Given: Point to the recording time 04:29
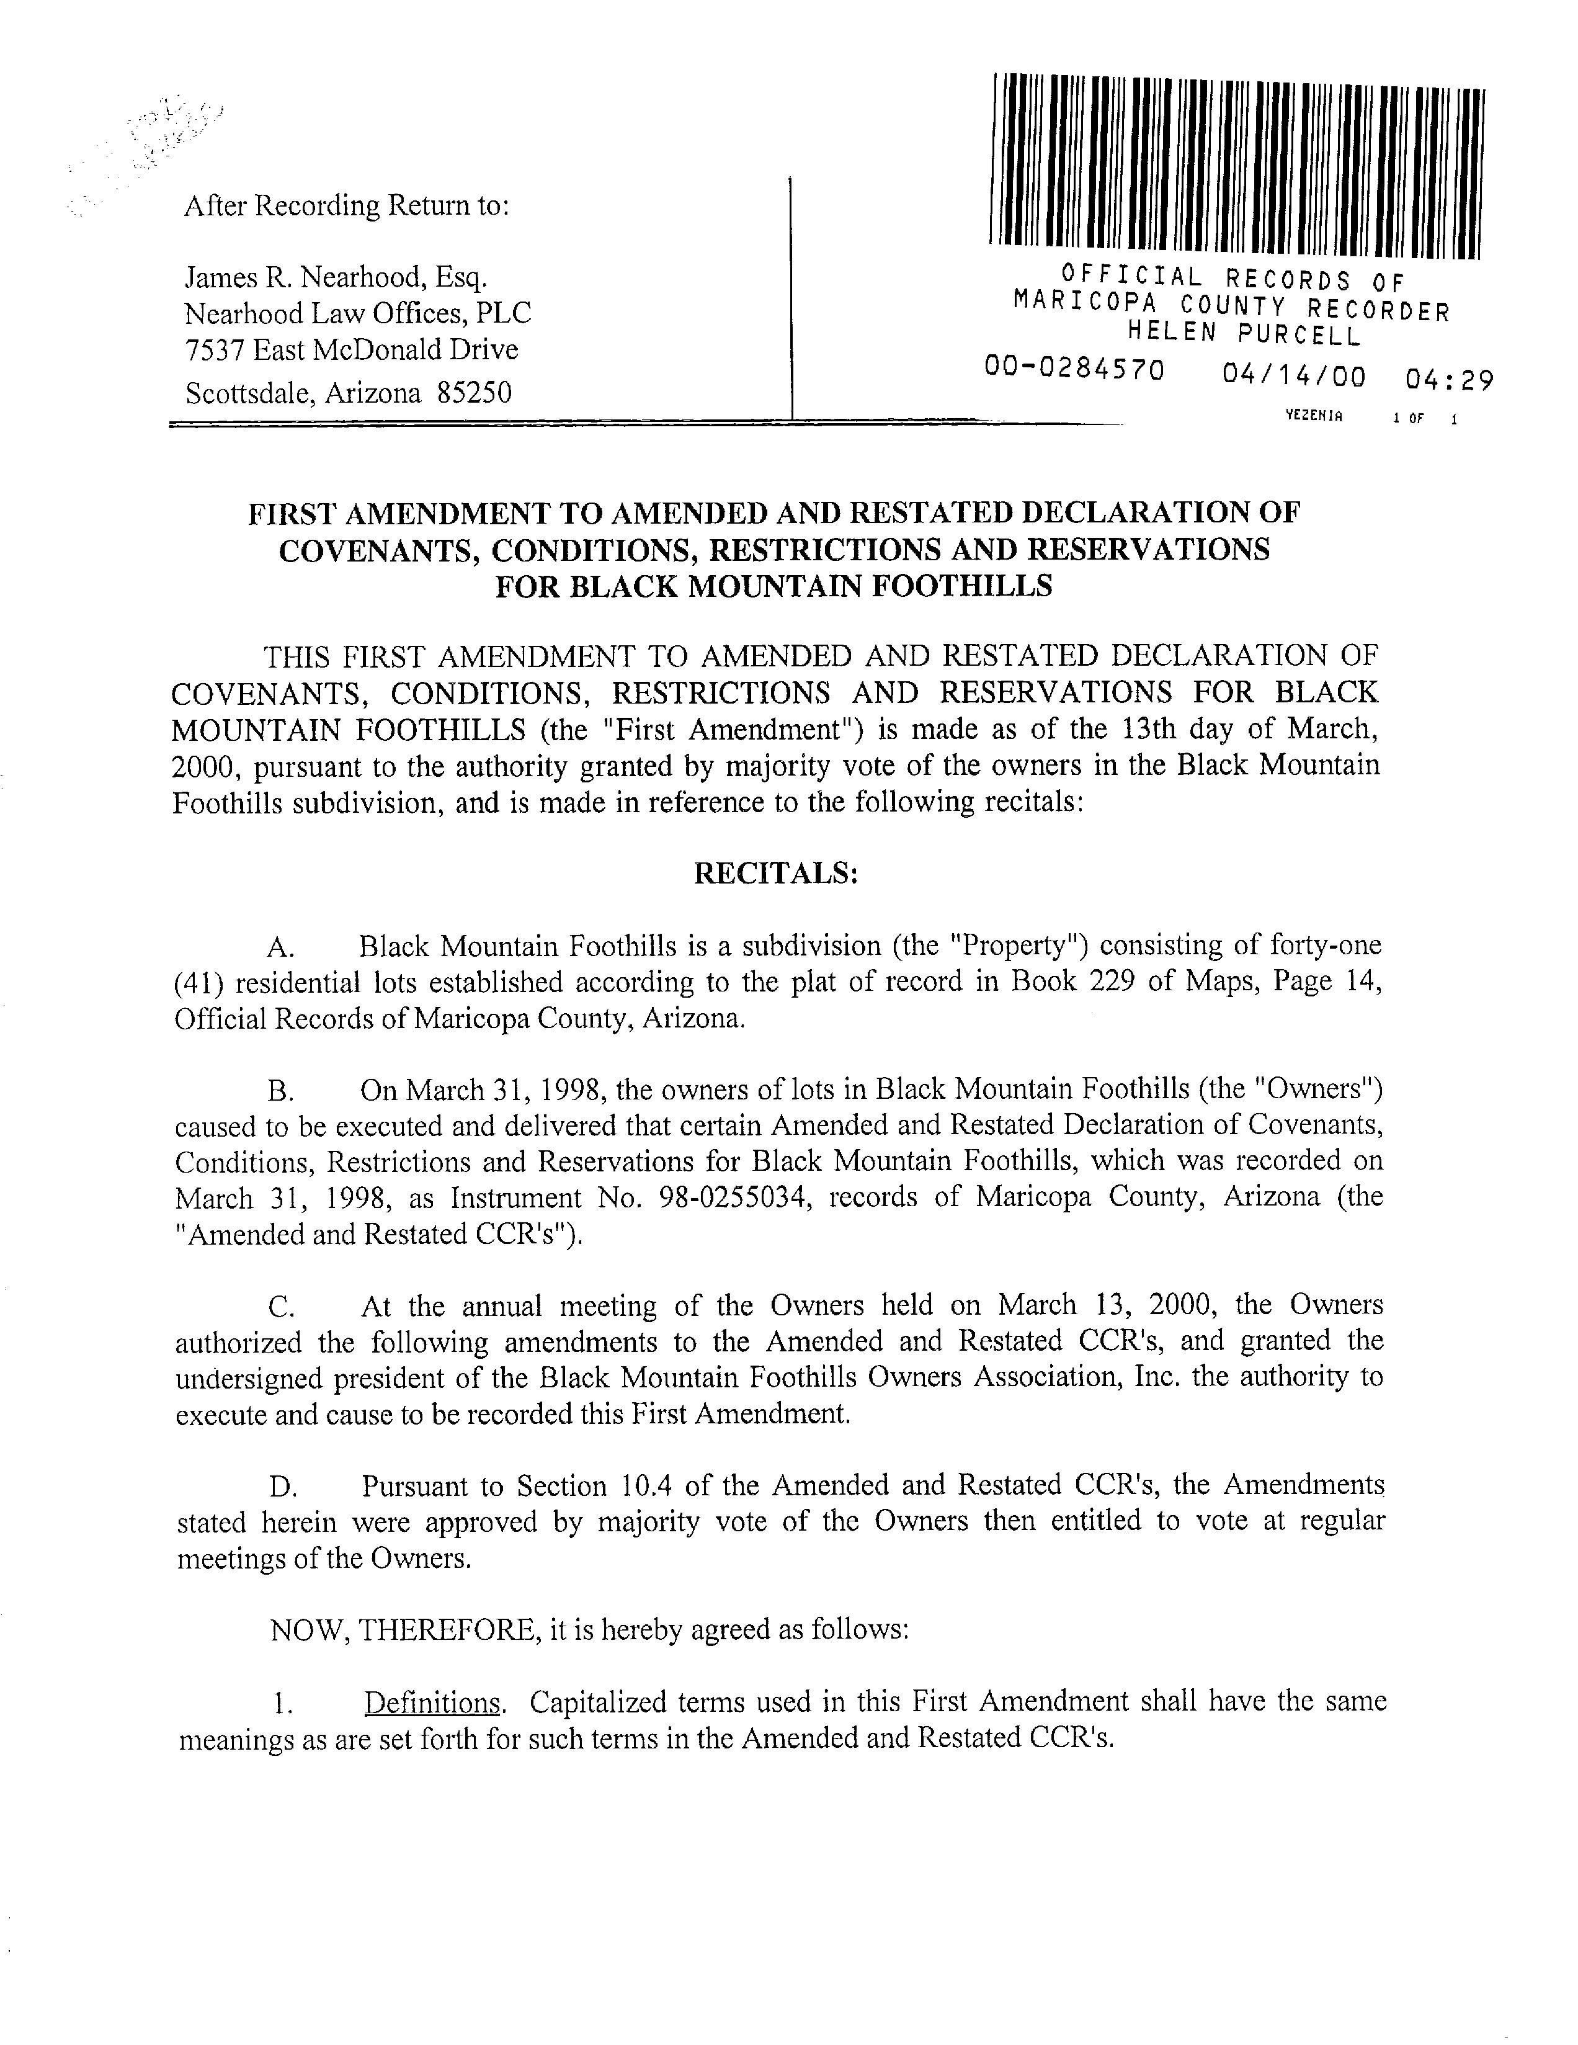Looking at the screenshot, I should click(x=1449, y=380).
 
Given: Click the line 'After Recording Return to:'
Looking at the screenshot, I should click(x=346, y=205).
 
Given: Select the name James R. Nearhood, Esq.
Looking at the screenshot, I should click(x=336, y=277).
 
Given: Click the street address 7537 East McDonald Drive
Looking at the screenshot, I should click(x=351, y=350).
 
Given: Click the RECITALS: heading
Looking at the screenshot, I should click(x=775, y=873).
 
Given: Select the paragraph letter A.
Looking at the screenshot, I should click(x=280, y=947).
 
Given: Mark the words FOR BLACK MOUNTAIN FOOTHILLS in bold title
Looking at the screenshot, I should click(x=773, y=586).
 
